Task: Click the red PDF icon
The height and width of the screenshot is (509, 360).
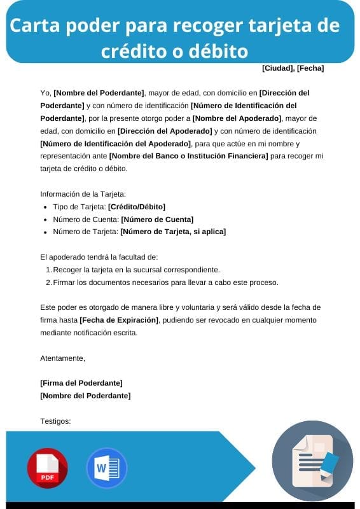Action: [47, 468]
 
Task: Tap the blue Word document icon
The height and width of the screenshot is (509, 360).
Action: [106, 468]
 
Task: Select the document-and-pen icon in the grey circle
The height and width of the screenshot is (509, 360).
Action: [312, 460]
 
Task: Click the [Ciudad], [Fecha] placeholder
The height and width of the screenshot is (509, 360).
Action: [293, 68]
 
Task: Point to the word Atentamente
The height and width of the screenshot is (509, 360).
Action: [62, 358]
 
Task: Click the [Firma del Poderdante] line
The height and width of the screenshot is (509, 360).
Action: [81, 382]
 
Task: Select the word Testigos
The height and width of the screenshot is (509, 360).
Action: [55, 421]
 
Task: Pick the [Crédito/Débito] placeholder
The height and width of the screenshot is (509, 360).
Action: [136, 207]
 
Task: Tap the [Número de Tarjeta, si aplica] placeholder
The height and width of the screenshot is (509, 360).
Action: [173, 232]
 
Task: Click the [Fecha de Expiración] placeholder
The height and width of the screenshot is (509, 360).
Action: [118, 319]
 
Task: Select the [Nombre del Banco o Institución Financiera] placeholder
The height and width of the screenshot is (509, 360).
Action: [188, 156]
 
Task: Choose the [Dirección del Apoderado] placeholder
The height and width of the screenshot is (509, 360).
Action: [164, 131]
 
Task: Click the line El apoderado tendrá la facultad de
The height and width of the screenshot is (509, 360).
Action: [99, 257]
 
